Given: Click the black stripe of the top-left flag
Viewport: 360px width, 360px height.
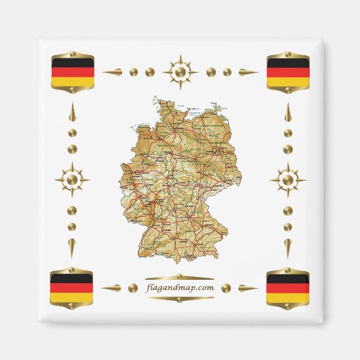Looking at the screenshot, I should tap(71, 63).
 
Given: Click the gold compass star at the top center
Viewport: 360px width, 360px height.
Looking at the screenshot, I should tap(179, 71).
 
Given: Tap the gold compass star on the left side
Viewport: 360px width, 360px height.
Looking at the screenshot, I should tap(72, 181).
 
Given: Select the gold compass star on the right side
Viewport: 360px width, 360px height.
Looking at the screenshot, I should tap(287, 181).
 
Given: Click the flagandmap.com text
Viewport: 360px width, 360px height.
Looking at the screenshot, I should tap(179, 287).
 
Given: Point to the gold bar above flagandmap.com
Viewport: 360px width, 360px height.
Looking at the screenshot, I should tap(179, 276).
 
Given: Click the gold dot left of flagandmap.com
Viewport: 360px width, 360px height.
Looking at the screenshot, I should tap(133, 287).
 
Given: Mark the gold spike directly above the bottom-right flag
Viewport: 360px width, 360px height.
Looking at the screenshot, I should tap(287, 247).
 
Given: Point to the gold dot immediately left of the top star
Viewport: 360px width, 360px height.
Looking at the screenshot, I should tap(150, 71).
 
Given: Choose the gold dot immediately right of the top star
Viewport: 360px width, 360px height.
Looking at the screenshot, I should tap(209, 71).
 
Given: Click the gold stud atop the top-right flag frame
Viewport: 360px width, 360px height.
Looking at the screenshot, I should tap(287, 52).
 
